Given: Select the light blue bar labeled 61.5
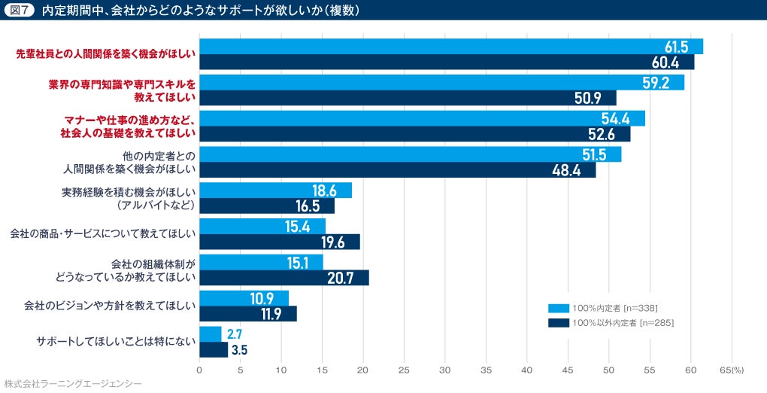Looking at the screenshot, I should (x=451, y=46).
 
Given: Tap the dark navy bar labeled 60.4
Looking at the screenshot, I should (x=447, y=62).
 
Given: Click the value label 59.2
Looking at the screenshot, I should (x=656, y=83).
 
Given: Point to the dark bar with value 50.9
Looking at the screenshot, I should (x=408, y=98).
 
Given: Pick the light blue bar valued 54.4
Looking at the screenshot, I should (x=422, y=118).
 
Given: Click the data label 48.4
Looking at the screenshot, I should (x=565, y=170).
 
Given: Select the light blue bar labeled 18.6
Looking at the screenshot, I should (x=275, y=190).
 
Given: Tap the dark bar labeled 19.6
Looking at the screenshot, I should (x=280, y=242).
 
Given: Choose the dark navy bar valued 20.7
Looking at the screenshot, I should (x=284, y=278).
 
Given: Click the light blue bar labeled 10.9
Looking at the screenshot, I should (x=244, y=298).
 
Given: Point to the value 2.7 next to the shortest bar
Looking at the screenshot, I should (x=235, y=334).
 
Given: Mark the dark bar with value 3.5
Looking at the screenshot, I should (x=214, y=349).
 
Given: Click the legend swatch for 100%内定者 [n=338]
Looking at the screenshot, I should (x=558, y=307).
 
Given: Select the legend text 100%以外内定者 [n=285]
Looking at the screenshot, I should (x=623, y=323).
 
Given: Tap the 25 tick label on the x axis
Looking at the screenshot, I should (x=404, y=370).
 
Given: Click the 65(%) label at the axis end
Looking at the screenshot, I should (x=732, y=370).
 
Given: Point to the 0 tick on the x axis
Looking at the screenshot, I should (x=199, y=370).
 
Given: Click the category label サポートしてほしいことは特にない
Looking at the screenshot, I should (x=116, y=342).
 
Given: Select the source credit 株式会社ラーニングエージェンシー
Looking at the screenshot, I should (x=72, y=384).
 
